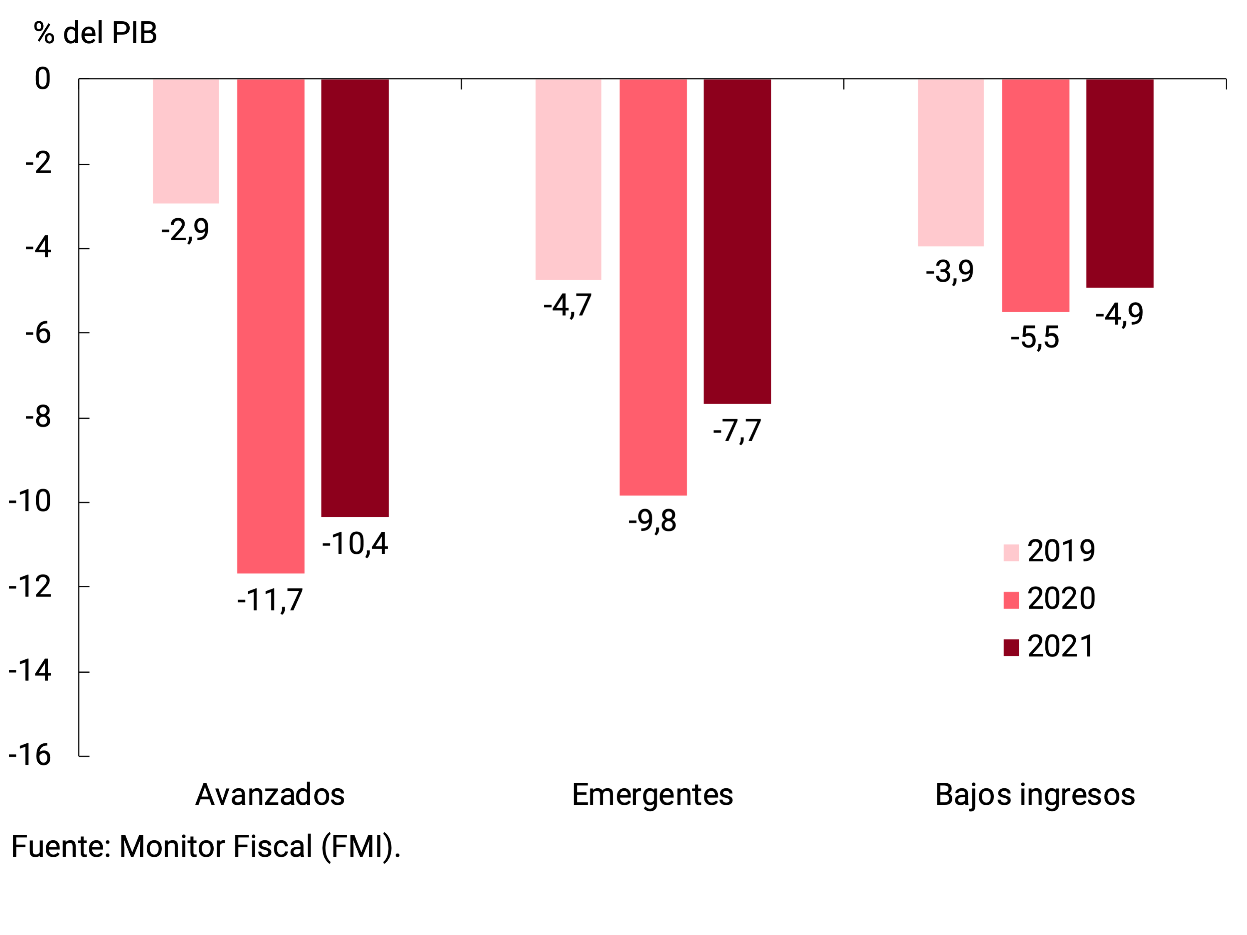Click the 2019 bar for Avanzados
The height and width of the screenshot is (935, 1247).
(x=185, y=141)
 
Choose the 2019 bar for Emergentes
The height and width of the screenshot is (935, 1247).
(x=568, y=179)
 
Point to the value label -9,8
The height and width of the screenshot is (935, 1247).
(x=652, y=521)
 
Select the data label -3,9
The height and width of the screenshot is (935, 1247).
(x=950, y=271)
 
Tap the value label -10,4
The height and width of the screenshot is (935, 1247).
(x=355, y=544)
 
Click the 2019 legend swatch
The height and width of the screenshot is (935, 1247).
(x=1011, y=553)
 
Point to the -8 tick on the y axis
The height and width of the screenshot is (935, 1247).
(x=38, y=418)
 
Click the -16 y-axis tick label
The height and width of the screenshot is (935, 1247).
(x=30, y=755)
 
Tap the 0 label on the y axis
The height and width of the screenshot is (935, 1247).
(x=42, y=79)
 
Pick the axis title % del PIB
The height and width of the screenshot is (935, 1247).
(x=95, y=33)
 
